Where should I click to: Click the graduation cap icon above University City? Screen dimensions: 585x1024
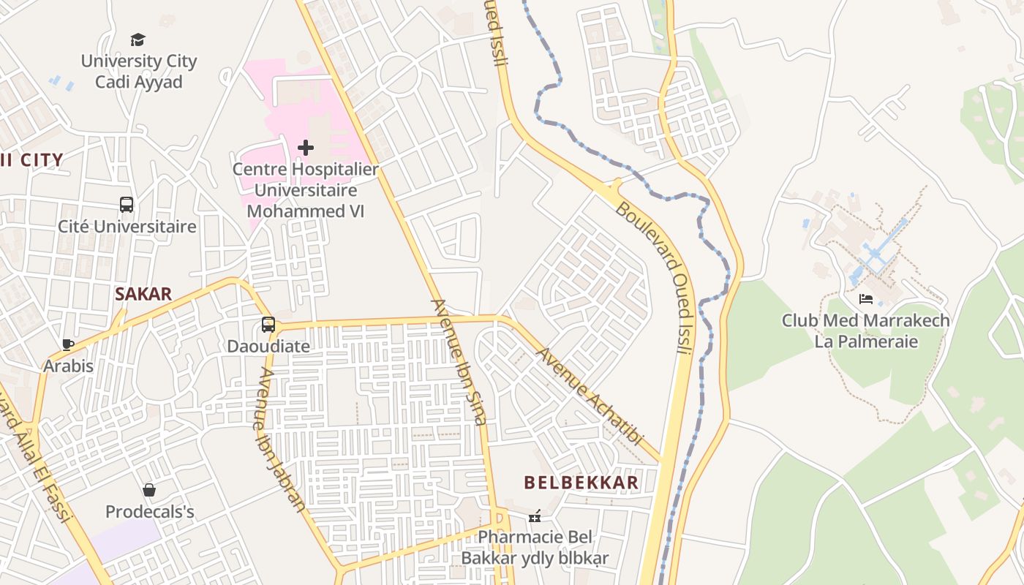pos(138,39)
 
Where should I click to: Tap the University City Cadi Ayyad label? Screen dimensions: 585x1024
pos(138,71)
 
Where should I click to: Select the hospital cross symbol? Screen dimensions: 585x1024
pos(306,148)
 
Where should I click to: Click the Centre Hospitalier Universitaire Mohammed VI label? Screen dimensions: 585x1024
pos(305,190)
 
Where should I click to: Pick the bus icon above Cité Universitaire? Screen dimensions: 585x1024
pos(127,205)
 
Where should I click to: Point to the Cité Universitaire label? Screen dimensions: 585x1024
pos(127,227)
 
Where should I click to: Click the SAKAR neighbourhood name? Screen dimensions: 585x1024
pos(143,295)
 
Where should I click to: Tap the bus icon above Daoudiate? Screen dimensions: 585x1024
pos(268,325)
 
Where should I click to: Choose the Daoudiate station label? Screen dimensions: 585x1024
pos(268,346)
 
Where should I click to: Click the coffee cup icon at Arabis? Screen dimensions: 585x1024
pos(68,344)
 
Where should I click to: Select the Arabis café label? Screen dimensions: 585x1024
pos(69,366)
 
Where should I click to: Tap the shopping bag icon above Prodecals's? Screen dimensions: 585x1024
pos(149,490)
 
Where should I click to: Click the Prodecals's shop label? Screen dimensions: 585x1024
pos(150,511)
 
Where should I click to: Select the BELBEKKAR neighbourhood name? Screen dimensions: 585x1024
pos(581,483)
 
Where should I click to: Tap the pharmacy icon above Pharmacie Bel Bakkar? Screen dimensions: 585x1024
pos(535,516)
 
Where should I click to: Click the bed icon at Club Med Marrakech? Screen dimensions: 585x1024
pos(866,299)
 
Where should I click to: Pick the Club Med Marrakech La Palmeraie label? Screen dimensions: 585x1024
pos(866,331)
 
